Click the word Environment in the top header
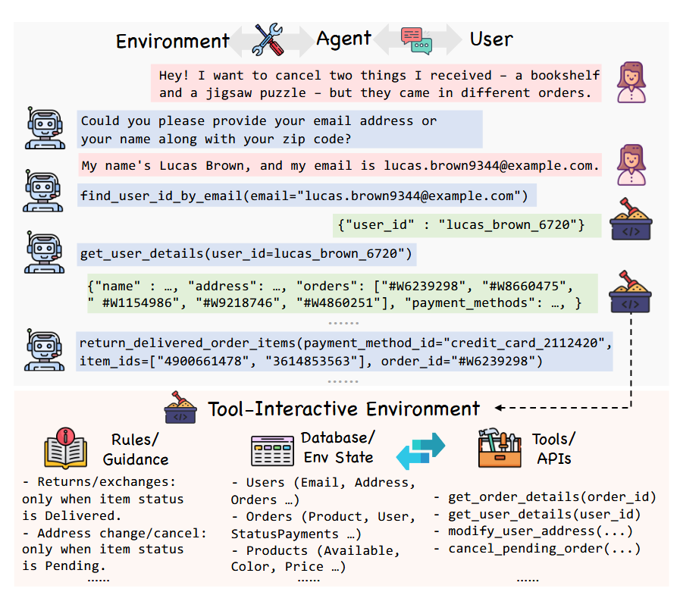pos(172,40)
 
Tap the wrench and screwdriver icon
pos(267,39)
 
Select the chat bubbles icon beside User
pos(416,39)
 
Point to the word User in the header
pos(491,39)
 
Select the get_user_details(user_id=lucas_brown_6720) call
pos(246,253)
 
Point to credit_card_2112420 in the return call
pos(537,343)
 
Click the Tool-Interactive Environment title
pos(344,409)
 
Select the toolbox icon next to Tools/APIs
pos(500,449)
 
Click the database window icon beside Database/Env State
pos(273,450)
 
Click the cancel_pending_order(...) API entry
pos(544,548)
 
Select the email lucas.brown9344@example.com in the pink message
pos(490,165)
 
